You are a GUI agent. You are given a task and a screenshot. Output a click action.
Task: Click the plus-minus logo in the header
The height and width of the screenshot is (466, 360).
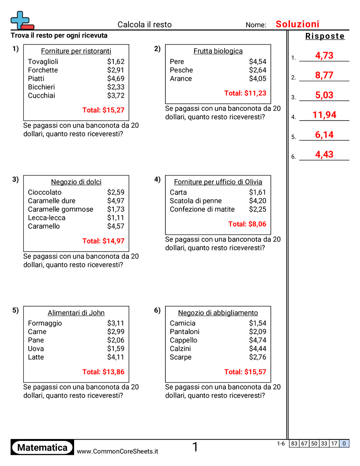tap(22, 20)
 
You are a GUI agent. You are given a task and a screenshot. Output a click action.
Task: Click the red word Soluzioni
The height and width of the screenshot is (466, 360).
tap(297, 24)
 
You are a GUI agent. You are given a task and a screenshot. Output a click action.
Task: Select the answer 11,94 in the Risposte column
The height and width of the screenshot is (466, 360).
tap(324, 115)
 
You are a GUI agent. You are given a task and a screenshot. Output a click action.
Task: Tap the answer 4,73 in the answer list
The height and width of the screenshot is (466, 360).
tap(324, 56)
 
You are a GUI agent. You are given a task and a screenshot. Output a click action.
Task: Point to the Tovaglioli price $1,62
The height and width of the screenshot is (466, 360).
tap(116, 62)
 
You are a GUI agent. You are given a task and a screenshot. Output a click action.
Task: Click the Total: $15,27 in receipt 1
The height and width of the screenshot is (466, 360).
tap(103, 110)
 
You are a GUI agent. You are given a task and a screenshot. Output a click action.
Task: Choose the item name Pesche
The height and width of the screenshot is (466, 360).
tap(181, 70)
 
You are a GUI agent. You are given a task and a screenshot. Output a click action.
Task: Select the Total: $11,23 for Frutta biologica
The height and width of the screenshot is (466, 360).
tap(245, 93)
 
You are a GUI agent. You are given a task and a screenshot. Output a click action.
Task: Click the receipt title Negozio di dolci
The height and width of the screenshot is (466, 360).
tap(76, 182)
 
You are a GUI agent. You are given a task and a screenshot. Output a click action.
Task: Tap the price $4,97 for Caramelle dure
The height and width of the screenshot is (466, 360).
tap(116, 201)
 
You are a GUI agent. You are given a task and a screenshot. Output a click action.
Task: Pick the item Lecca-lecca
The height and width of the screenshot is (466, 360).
tap(46, 218)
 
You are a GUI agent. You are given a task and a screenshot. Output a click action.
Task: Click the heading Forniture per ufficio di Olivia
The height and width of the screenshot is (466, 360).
tap(218, 182)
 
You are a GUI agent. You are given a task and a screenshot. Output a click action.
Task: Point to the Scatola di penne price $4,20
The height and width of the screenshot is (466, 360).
tap(258, 201)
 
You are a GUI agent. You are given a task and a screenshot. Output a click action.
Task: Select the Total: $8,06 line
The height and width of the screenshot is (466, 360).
tap(247, 224)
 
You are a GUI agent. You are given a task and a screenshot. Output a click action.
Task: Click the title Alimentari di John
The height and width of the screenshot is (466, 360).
tap(76, 313)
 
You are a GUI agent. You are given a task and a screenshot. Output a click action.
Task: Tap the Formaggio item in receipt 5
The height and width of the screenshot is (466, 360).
tap(45, 323)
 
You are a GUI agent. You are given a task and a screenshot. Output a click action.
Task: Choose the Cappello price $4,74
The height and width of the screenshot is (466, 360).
tap(258, 340)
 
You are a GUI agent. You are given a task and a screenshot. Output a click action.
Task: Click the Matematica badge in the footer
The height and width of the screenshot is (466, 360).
tap(42, 448)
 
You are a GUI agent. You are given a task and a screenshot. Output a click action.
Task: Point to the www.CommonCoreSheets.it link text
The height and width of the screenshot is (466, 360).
tap(117, 451)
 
